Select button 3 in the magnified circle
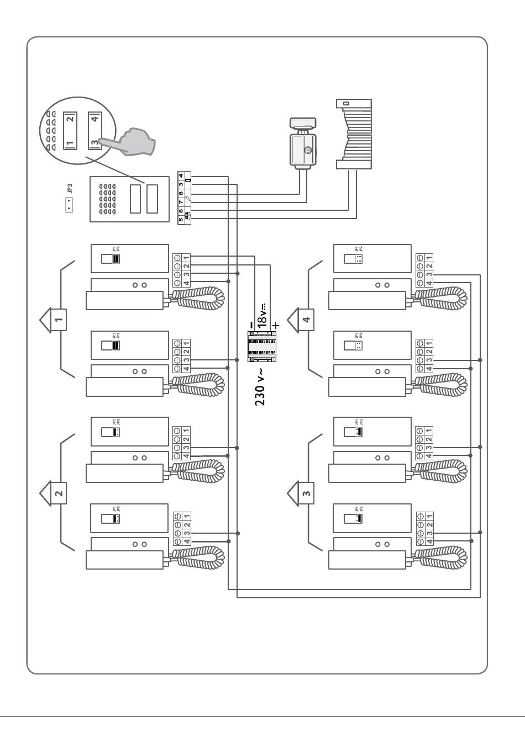pyautogui.click(x=95, y=142)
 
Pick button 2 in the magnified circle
pyautogui.click(x=70, y=119)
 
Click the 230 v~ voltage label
pyautogui.click(x=261, y=387)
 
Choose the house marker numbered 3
pyautogui.click(x=306, y=492)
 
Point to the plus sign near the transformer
pyautogui.click(x=276, y=325)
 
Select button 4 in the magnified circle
pyautogui.click(x=95, y=119)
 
